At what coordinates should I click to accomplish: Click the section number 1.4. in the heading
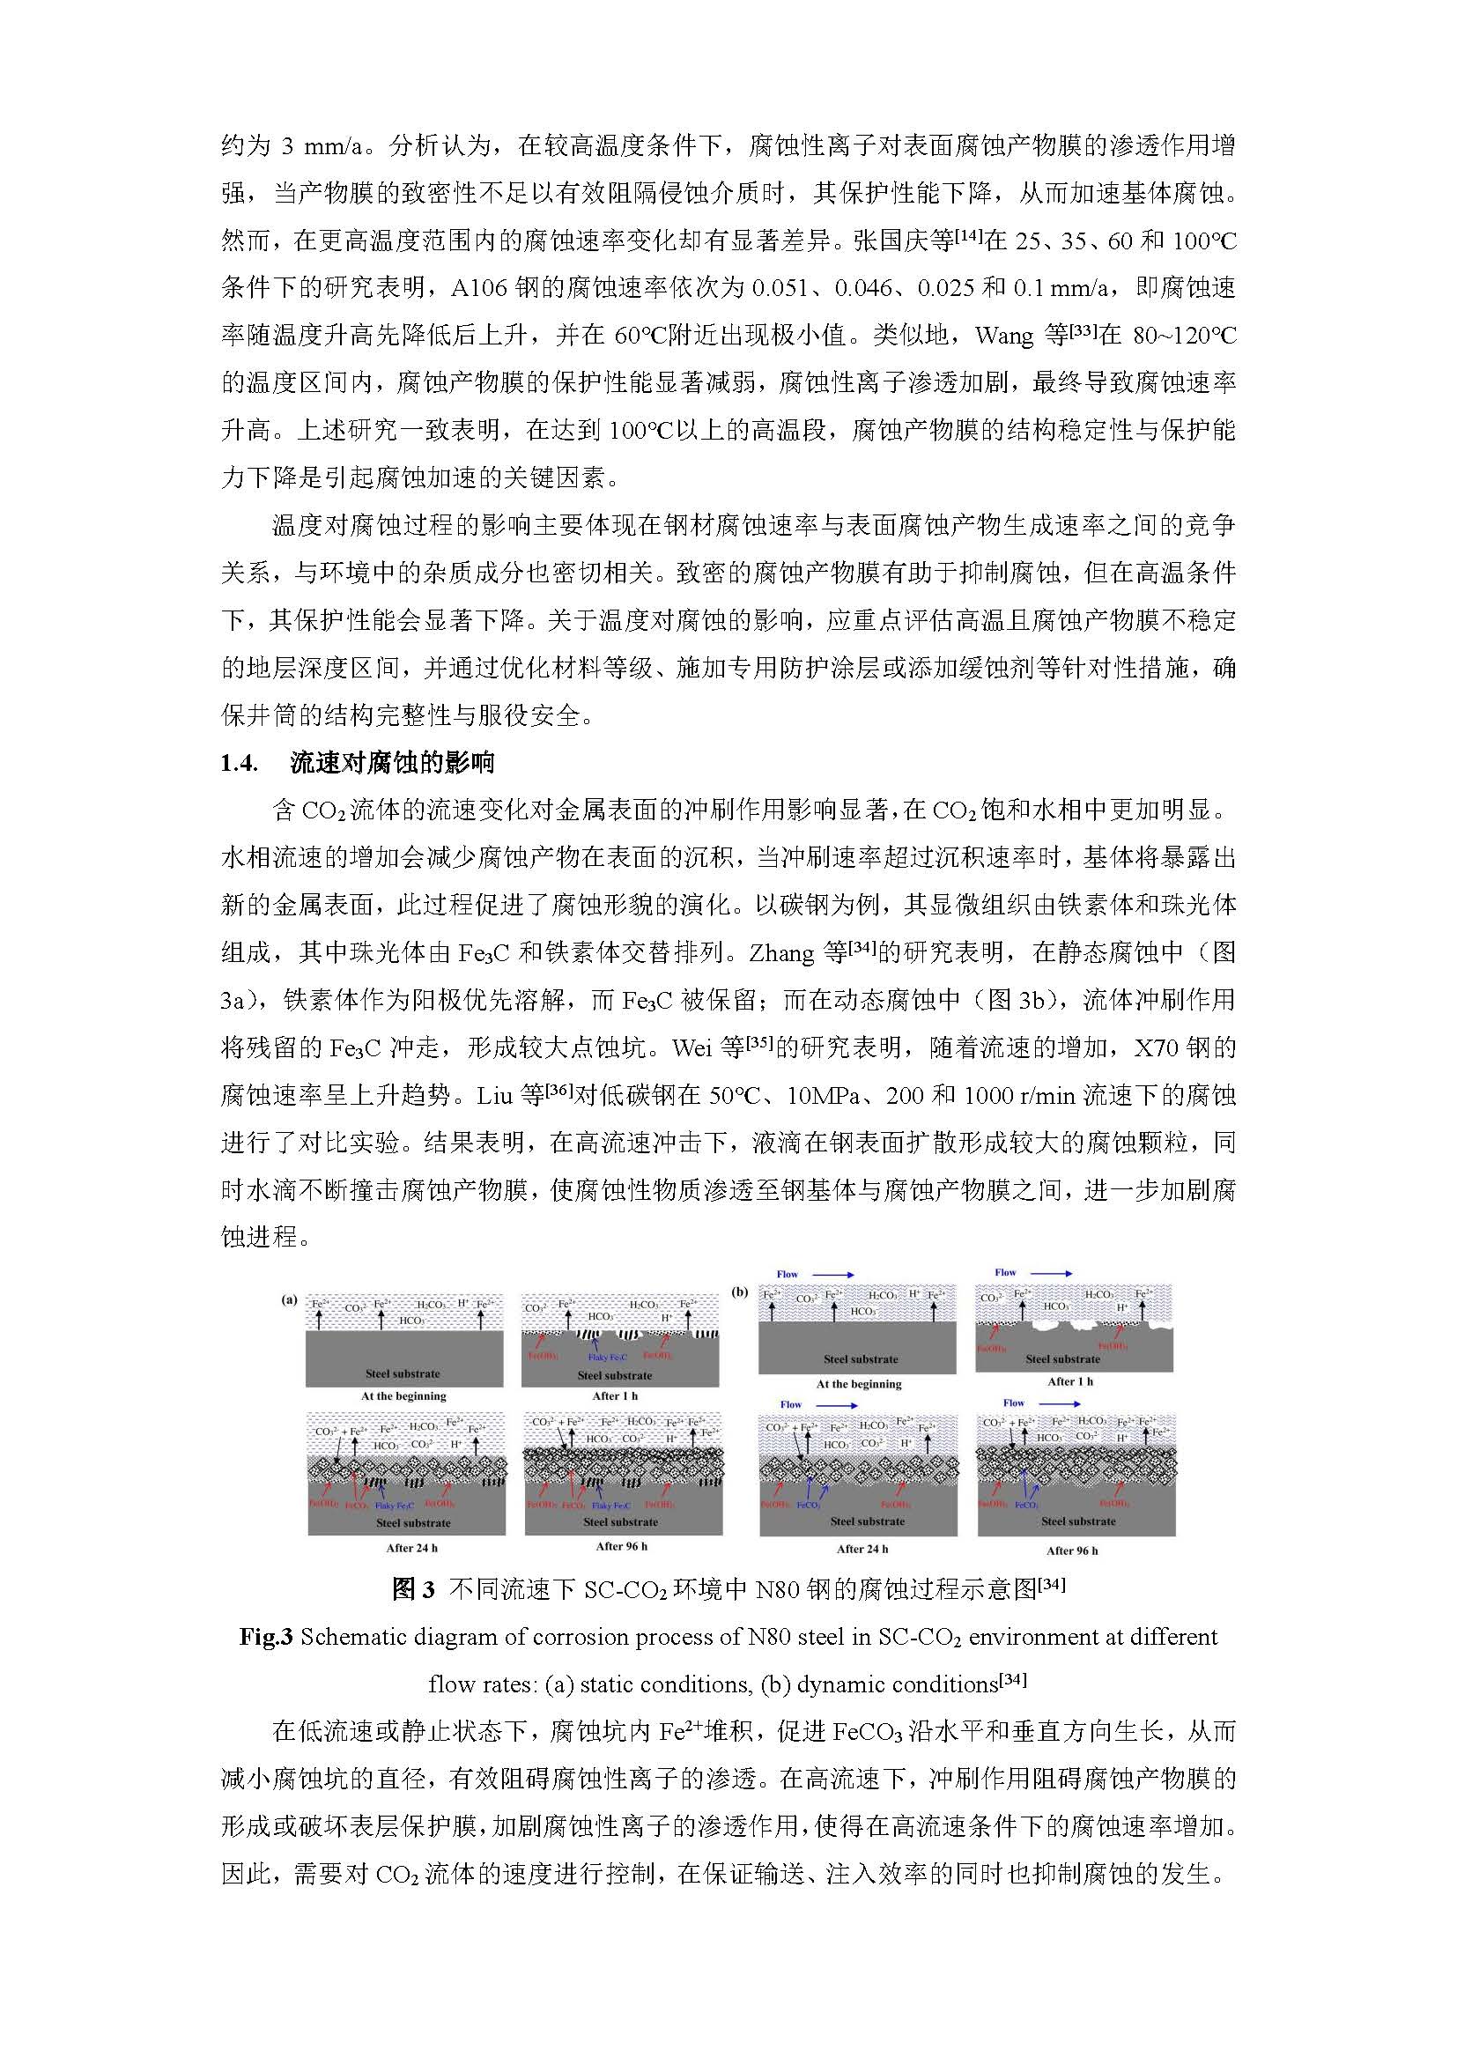click(x=239, y=764)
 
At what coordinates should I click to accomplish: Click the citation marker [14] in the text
click(x=969, y=236)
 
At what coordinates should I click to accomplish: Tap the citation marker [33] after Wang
click(x=1083, y=331)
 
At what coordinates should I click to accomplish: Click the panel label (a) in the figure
click(x=289, y=1299)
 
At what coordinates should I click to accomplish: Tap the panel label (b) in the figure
click(x=740, y=1291)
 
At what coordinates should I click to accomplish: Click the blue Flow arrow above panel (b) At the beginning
click(x=833, y=1274)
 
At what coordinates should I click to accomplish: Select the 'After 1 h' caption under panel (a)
click(x=615, y=1396)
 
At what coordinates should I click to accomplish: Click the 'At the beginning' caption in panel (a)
click(x=403, y=1396)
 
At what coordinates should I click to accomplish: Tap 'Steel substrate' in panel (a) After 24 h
click(x=412, y=1522)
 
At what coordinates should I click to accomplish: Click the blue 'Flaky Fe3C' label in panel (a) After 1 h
click(x=608, y=1358)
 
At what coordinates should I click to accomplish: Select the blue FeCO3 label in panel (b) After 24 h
click(x=808, y=1505)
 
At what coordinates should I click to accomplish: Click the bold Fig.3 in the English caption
click(x=265, y=1638)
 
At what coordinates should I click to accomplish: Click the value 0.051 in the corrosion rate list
click(x=777, y=288)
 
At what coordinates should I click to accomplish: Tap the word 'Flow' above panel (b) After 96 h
click(x=1014, y=1402)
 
